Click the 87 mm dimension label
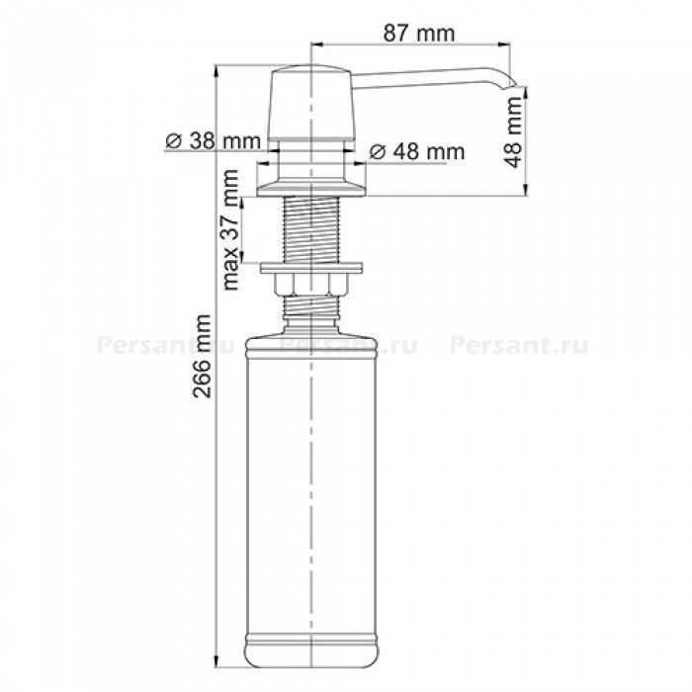pos(418,34)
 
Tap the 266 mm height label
pos(202,356)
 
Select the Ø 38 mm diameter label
pos(214,141)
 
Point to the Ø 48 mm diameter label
pos(416,152)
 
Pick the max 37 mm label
pos(230,229)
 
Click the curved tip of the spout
pos(507,82)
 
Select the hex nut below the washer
pos(311,285)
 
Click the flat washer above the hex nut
pos(311,268)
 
